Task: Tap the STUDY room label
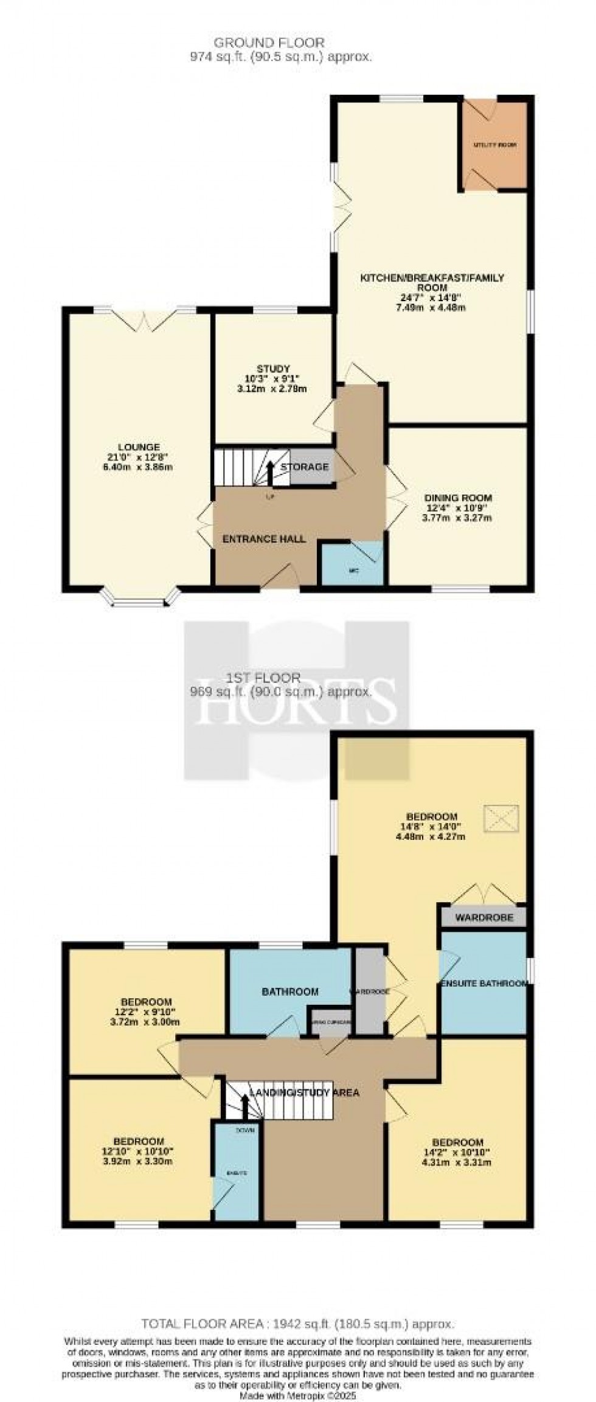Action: coord(273,369)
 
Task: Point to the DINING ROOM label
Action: coord(458,498)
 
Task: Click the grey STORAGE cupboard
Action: coord(311,467)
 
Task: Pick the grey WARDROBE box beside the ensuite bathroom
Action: coord(484,917)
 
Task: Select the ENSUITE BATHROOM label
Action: coord(483,984)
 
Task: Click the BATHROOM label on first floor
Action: coord(290,991)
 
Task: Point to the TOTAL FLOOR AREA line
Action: coord(297,1324)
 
